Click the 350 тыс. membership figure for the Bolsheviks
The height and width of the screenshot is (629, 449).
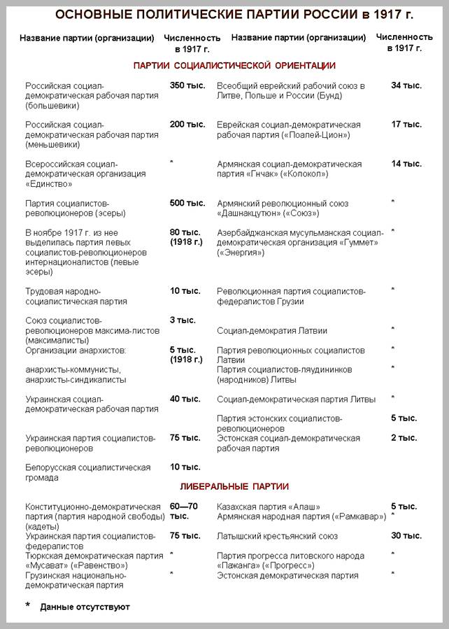coord(187,85)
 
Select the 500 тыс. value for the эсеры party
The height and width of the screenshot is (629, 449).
coord(187,203)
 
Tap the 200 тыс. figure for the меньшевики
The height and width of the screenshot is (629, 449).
coord(187,125)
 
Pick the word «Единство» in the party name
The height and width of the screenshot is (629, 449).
coord(50,183)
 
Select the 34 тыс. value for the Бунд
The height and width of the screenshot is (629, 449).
coord(406,85)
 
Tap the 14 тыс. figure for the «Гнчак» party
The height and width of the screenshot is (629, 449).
coord(406,164)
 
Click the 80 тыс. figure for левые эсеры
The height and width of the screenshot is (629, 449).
coord(185,232)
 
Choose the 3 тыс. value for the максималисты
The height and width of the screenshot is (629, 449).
coord(183,320)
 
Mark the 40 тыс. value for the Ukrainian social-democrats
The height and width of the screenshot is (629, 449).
coord(185,399)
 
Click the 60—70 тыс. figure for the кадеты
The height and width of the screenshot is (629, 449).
coord(185,506)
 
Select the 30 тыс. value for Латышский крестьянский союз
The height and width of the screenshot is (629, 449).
coord(406,536)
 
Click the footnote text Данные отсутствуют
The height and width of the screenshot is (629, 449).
coord(85,607)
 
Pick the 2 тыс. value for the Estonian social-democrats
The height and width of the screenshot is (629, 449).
coord(404,438)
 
